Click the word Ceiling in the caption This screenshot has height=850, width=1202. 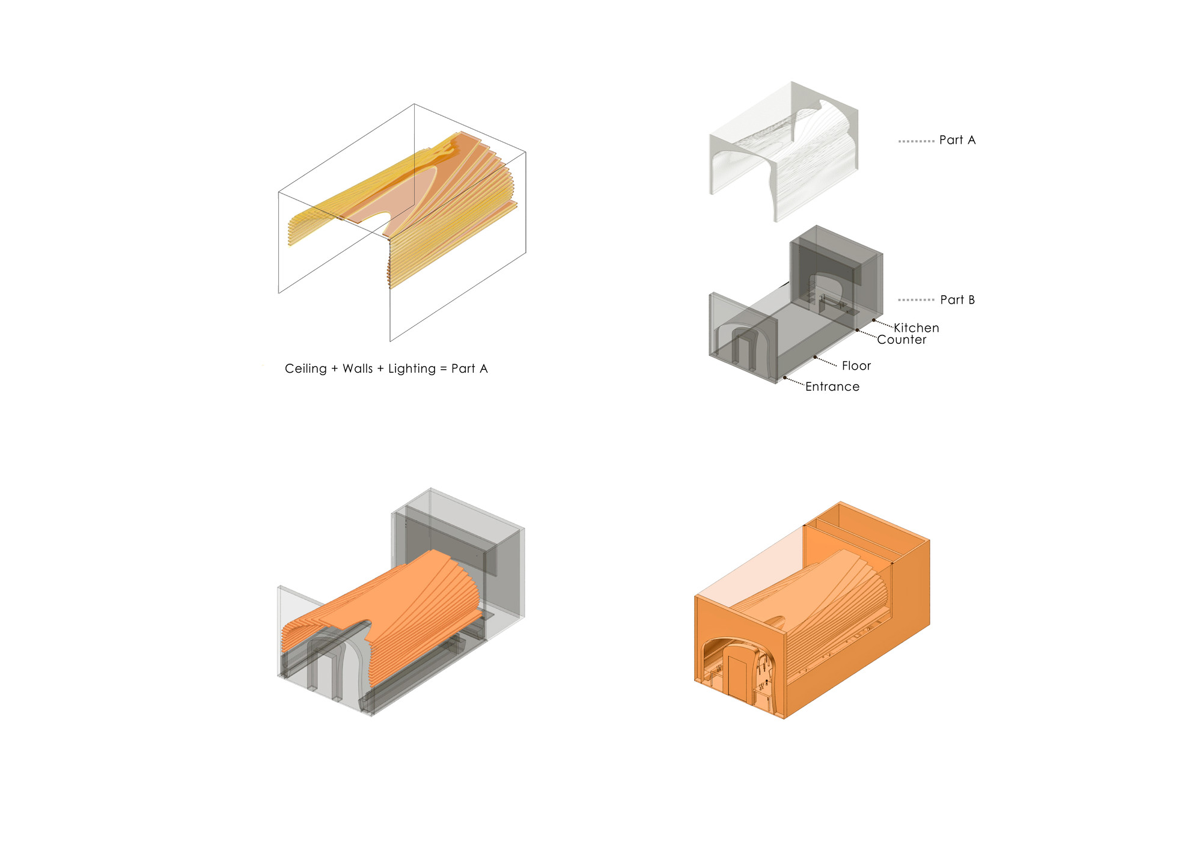(x=305, y=369)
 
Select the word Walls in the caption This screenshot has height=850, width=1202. (x=358, y=368)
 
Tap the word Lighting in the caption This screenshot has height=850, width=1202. (x=412, y=369)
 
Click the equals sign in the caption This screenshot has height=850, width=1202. (x=444, y=369)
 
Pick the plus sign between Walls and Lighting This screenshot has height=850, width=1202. (x=380, y=369)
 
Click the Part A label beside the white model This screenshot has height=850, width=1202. (x=957, y=140)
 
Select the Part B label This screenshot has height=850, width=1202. (x=957, y=299)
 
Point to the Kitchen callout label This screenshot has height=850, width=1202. (x=916, y=328)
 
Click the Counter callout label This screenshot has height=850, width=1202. (x=901, y=340)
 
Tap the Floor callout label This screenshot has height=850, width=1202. (x=856, y=365)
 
